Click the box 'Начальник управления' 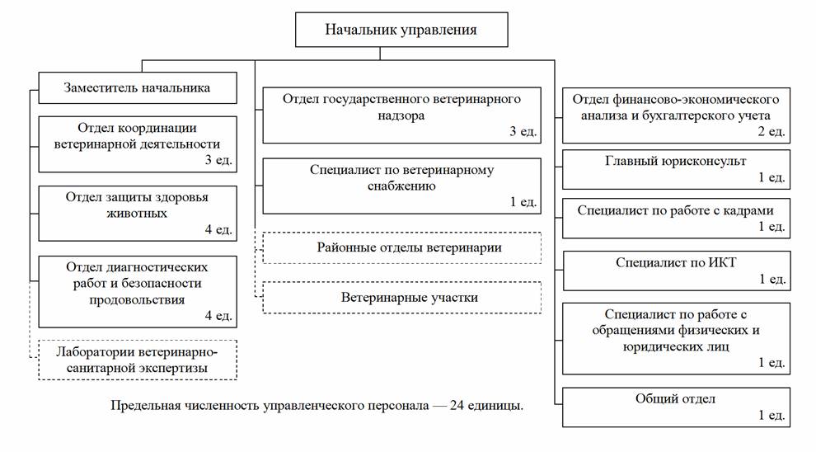401,31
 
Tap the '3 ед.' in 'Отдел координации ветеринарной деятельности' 218,160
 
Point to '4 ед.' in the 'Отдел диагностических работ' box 218,315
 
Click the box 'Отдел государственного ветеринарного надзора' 401,115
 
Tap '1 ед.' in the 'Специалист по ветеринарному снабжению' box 523,201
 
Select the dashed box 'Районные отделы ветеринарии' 401,247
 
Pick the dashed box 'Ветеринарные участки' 401,297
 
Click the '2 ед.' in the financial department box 772,130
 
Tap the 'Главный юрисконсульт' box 675,169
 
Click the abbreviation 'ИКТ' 720,263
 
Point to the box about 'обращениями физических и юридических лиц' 675,338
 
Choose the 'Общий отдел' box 675,406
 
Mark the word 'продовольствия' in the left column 136,299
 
